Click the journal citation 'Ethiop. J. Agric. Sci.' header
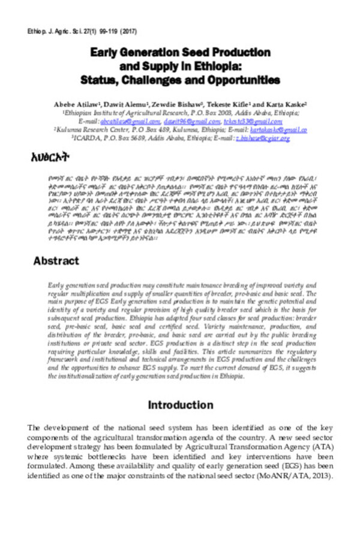[x=51, y=31]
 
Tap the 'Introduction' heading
[x=180, y=406]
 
